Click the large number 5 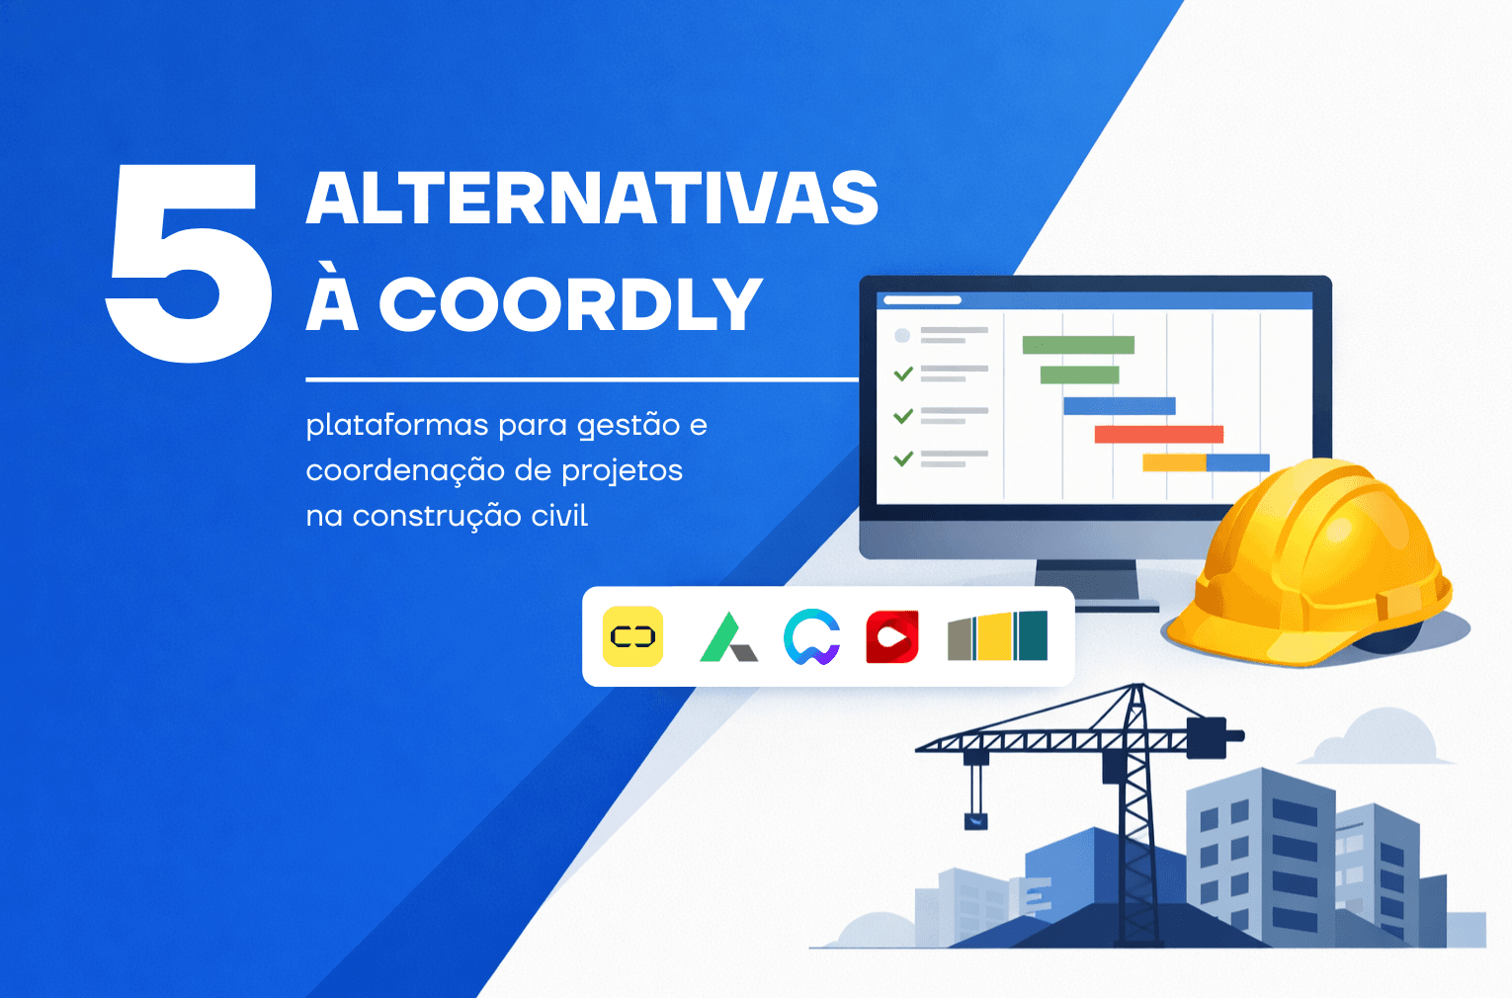[189, 263]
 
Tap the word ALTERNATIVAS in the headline [592, 197]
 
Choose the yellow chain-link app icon [632, 636]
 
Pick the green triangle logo [728, 637]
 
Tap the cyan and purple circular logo [811, 636]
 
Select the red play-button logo [892, 636]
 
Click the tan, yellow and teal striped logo [998, 635]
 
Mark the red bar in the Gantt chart [1159, 434]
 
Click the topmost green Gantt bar [1078, 344]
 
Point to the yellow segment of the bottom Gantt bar [1174, 462]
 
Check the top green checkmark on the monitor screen [903, 374]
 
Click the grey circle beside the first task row [902, 335]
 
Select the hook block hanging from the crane [975, 820]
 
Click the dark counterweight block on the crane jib [1207, 737]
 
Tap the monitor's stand [1087, 584]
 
